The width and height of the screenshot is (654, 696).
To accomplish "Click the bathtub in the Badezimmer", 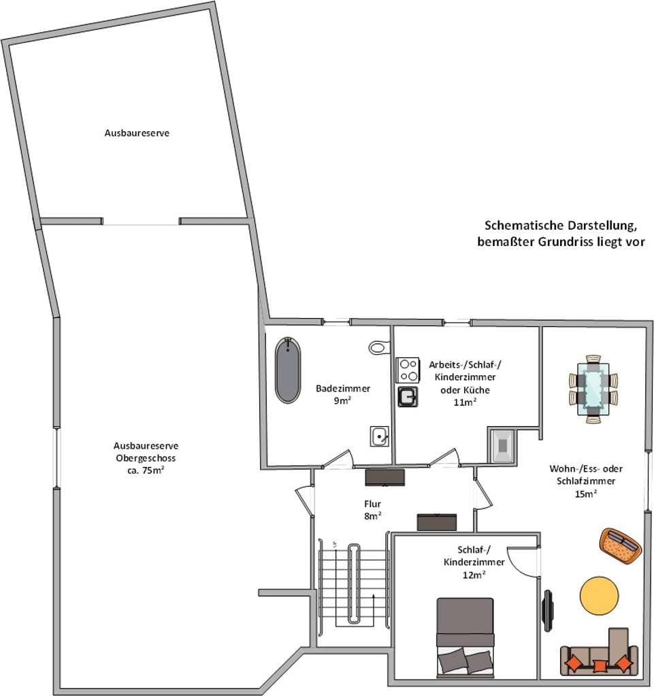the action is pyautogui.click(x=287, y=370).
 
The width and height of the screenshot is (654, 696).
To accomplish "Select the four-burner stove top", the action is pyautogui.click(x=408, y=370).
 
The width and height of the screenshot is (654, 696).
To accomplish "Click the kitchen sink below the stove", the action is pyautogui.click(x=408, y=396).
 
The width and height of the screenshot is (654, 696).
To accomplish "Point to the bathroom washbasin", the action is pyautogui.click(x=380, y=436).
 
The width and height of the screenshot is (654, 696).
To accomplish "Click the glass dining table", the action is pyautogui.click(x=593, y=389).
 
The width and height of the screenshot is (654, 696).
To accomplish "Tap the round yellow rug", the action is pyautogui.click(x=600, y=596).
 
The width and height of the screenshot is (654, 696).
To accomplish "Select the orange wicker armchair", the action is pyautogui.click(x=621, y=546).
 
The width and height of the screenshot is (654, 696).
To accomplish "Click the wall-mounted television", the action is pyautogui.click(x=549, y=610).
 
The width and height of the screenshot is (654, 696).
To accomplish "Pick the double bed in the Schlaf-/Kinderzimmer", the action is pyautogui.click(x=465, y=636).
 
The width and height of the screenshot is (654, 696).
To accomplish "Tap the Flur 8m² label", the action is pyautogui.click(x=372, y=510).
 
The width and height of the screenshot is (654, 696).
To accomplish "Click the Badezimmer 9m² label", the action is pyautogui.click(x=342, y=394).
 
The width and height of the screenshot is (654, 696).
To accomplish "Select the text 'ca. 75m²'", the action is pyautogui.click(x=146, y=470).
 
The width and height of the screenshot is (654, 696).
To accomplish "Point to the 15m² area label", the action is pyautogui.click(x=585, y=493).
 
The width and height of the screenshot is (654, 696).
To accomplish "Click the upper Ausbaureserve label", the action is pyautogui.click(x=137, y=133).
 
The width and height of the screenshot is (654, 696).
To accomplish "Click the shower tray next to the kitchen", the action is pyautogui.click(x=502, y=445).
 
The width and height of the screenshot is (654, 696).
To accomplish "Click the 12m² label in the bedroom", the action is pyautogui.click(x=474, y=574).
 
